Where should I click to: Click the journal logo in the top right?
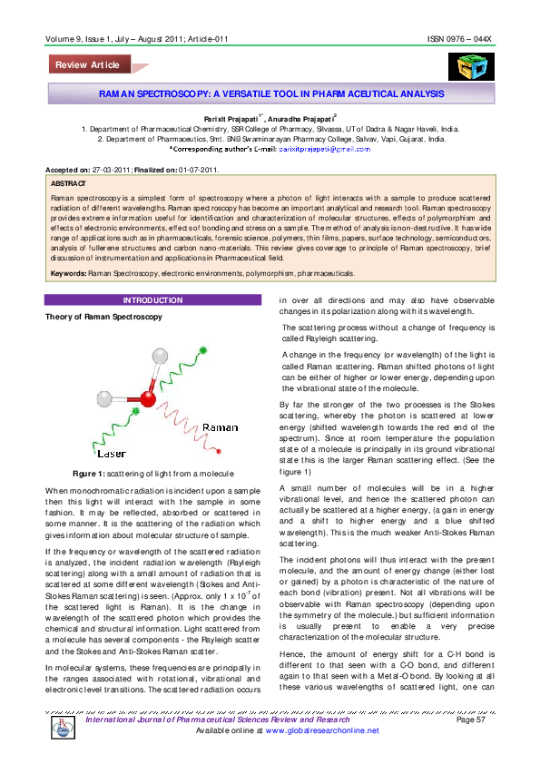[467, 66]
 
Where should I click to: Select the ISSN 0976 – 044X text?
[459, 40]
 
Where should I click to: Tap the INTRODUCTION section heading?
[152, 274]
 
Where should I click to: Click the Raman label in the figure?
[220, 426]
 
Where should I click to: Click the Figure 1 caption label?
[92, 474]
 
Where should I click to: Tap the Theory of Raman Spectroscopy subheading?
[103, 291]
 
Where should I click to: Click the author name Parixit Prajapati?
[231, 118]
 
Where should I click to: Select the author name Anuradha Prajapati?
[302, 118]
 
